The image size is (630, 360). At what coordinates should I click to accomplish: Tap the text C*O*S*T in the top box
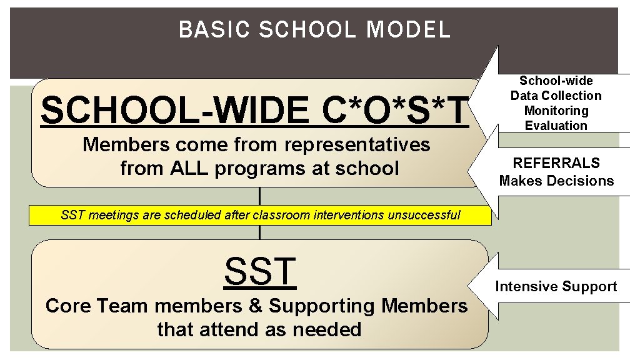pos(396,111)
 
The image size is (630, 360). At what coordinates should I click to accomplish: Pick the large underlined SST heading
pos(259,271)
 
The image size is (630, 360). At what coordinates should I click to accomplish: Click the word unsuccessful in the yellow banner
pos(424,216)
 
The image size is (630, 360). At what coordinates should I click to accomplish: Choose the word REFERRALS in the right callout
pos(556,163)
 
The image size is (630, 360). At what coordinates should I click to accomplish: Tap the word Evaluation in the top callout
pos(556,126)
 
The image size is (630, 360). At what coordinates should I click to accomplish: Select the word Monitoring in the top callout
pos(556,111)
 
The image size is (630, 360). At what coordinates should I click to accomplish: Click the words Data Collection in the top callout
pos(556,96)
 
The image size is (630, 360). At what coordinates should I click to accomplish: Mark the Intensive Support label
pos(556,287)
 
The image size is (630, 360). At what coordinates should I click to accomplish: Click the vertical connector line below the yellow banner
pos(259,232)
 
